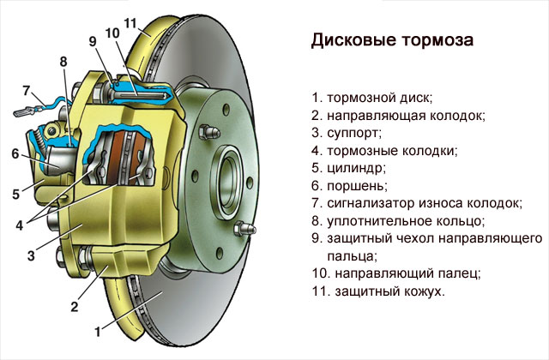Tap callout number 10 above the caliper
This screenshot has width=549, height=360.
click(x=112, y=33)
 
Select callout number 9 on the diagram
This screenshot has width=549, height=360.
click(x=92, y=41)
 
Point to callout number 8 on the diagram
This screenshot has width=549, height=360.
click(x=63, y=61)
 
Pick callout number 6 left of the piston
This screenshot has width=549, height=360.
click(x=15, y=154)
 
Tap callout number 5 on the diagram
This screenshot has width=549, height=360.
click(x=15, y=194)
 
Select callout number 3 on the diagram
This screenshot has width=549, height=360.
click(x=31, y=255)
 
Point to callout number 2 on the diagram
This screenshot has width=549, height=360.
click(x=74, y=306)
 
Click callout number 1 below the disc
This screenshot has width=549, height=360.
click(x=98, y=329)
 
